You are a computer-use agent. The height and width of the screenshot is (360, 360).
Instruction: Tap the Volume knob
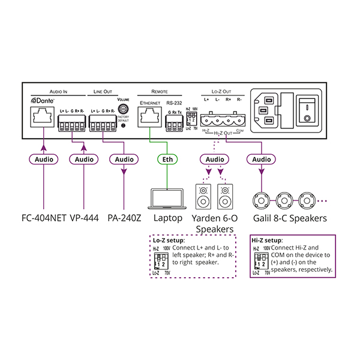123,109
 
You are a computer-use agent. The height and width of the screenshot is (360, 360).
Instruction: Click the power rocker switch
308,110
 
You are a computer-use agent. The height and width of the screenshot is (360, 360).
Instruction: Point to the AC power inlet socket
268,110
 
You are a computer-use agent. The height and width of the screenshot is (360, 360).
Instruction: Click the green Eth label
167,160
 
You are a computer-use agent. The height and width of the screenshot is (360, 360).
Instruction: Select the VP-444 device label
85,218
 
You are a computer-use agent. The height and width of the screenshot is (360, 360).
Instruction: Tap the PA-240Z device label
124,218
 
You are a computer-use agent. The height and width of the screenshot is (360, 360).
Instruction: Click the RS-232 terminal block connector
175,125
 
